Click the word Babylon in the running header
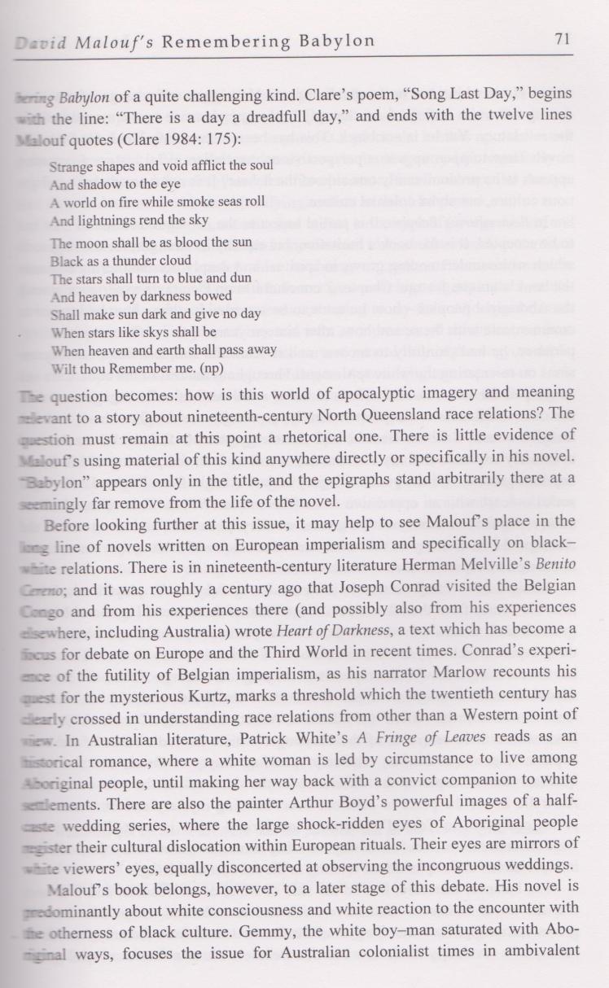tap(335, 41)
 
